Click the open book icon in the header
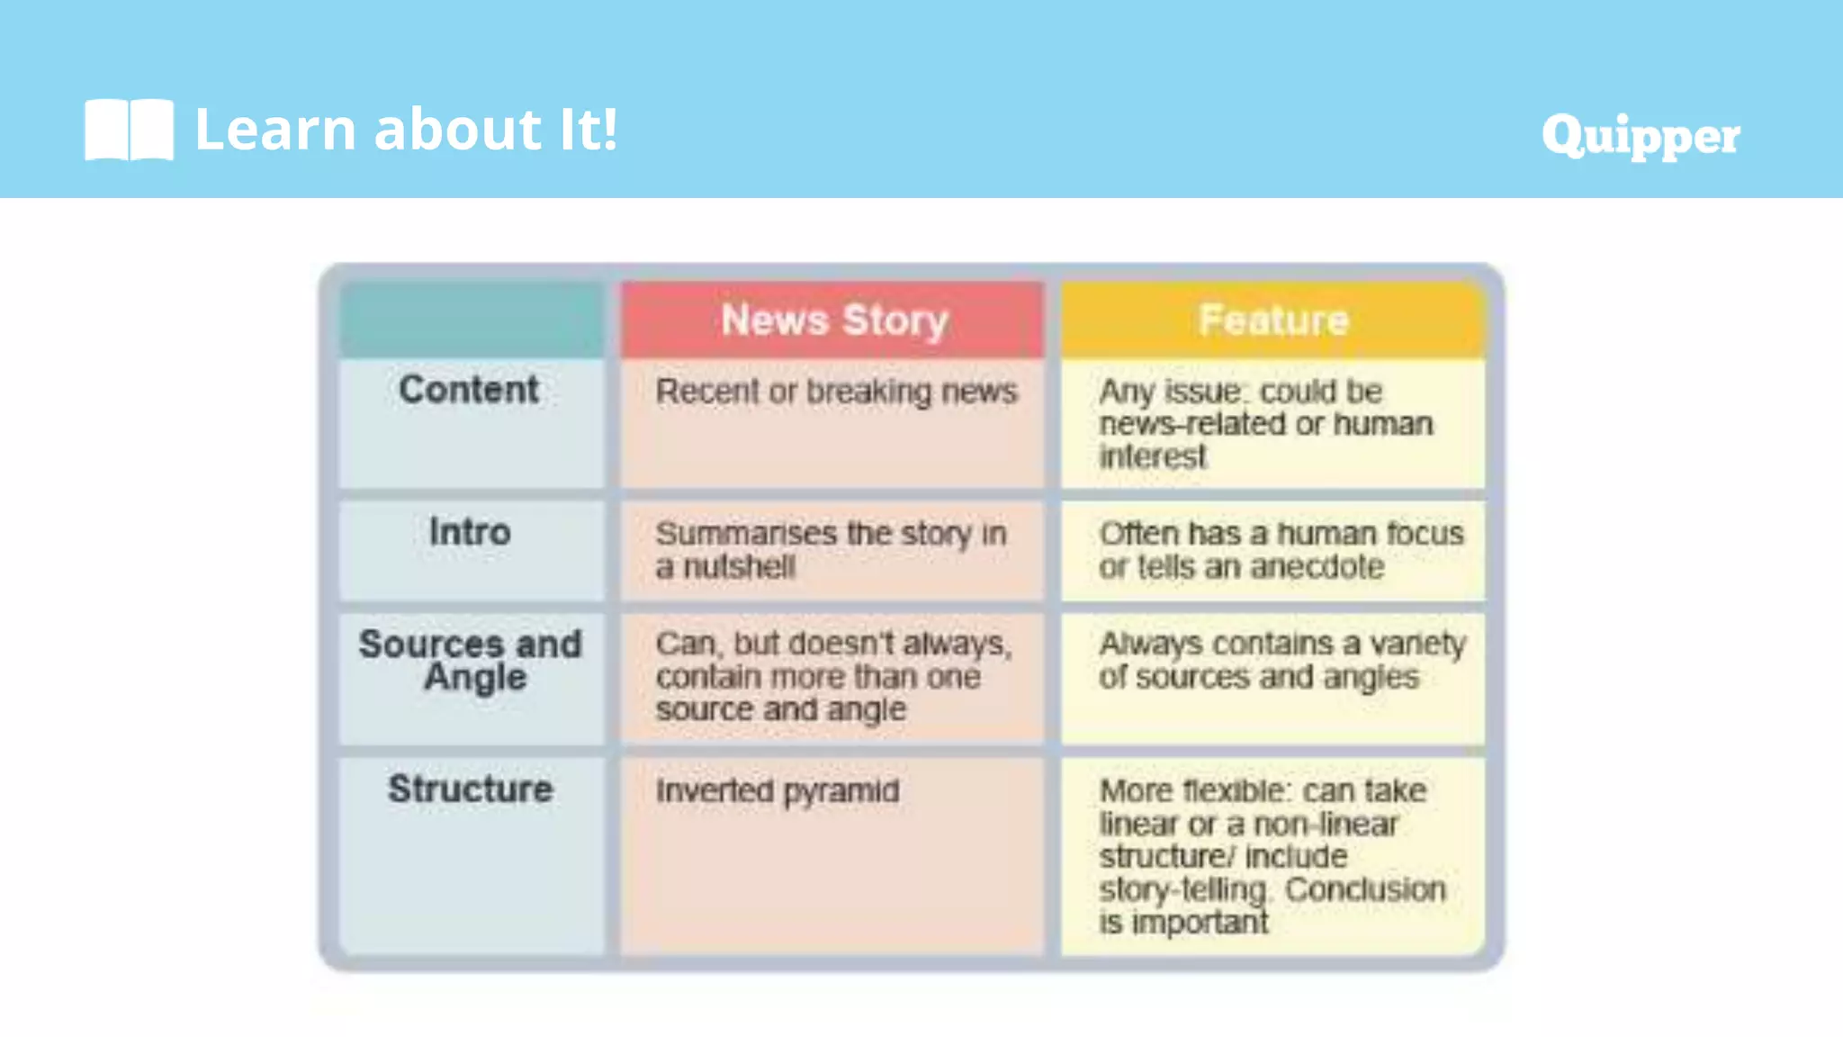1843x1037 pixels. (x=129, y=130)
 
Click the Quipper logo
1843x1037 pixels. (x=1640, y=136)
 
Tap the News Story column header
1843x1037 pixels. (x=834, y=320)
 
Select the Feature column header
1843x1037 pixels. (x=1273, y=320)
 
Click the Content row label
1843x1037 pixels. (x=469, y=390)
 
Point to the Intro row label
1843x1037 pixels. (x=469, y=532)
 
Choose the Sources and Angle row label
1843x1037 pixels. (x=470, y=661)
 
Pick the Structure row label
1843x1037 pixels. (x=470, y=789)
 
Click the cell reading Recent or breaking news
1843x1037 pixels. (x=836, y=392)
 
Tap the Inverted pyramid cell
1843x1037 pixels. (x=777, y=791)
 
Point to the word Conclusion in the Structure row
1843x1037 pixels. (x=1364, y=889)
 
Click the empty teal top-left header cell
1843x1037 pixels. (x=471, y=320)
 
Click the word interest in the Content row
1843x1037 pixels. (x=1152, y=457)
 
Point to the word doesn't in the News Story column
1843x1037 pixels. (x=840, y=645)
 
